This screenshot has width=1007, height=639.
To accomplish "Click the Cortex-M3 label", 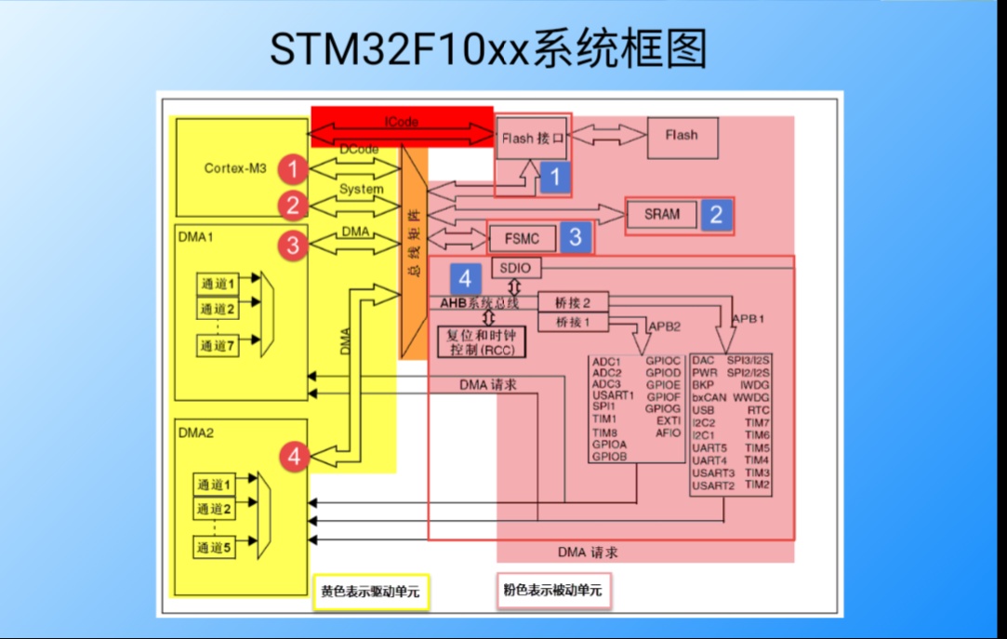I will [x=235, y=168].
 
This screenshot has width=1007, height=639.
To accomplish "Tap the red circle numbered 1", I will [x=294, y=169].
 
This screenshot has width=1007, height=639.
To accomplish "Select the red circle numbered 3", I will [x=294, y=246].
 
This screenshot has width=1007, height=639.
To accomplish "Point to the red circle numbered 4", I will [x=295, y=456].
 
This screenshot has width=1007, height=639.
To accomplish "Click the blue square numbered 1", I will [x=554, y=177].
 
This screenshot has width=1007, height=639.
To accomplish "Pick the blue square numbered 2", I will [x=716, y=215].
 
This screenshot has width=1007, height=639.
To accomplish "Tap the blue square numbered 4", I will [x=466, y=278].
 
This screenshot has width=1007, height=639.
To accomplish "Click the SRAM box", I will [x=662, y=214].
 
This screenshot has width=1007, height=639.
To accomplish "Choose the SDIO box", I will [x=515, y=268].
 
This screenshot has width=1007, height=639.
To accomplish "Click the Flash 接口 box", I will [x=533, y=139].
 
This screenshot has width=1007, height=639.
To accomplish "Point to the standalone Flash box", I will [x=682, y=135].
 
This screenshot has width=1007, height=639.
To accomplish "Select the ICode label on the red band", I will [x=401, y=122].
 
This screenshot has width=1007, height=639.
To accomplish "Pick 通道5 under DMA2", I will [x=214, y=548].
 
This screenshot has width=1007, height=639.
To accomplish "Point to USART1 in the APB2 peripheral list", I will [x=613, y=395].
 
